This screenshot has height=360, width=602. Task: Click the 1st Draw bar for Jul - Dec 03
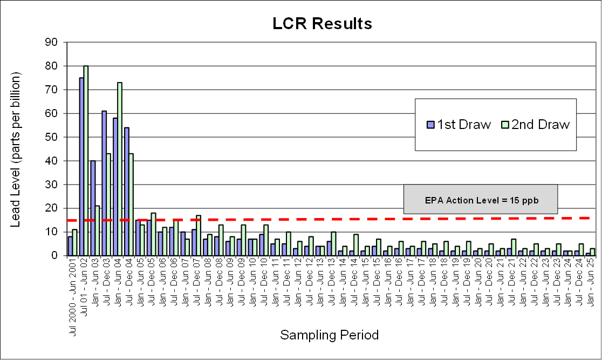104,183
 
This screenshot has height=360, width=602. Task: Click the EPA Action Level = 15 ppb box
481,199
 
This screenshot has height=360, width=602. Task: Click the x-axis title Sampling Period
329,335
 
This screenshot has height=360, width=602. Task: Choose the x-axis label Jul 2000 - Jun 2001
73,289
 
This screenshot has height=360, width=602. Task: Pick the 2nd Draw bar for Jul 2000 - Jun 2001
75,242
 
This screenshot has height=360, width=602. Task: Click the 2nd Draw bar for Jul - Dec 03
108,205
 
